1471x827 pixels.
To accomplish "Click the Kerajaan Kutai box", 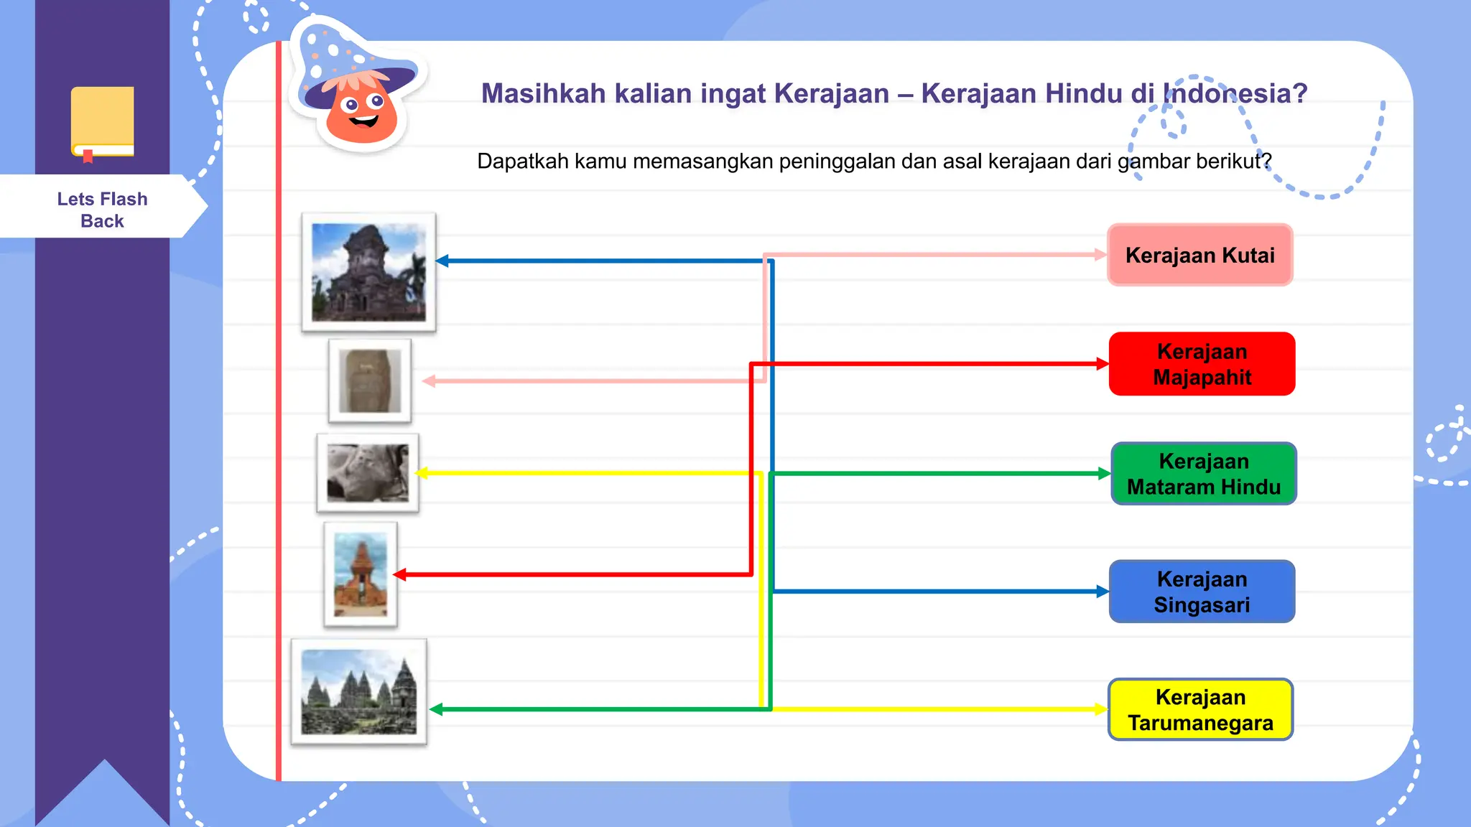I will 1199,255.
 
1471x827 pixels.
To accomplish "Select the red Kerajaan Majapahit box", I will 1202,364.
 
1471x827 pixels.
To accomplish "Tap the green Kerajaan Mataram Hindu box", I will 1203,474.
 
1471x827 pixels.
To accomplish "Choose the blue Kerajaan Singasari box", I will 1202,592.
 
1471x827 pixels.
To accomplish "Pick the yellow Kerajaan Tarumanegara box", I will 1200,709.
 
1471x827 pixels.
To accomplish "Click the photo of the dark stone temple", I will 368,272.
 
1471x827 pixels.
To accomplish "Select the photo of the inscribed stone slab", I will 370,381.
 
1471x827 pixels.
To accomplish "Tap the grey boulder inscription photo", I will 368,473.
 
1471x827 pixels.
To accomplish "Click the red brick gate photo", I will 361,574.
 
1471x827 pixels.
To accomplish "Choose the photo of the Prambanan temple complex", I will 358,692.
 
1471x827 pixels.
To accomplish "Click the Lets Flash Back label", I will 102,210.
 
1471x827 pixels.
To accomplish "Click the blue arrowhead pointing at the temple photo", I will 442,261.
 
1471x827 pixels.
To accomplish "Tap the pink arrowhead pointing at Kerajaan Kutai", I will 1100,254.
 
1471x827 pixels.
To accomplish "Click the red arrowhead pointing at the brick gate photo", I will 399,574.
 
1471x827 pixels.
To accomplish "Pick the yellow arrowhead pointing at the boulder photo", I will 423,473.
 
